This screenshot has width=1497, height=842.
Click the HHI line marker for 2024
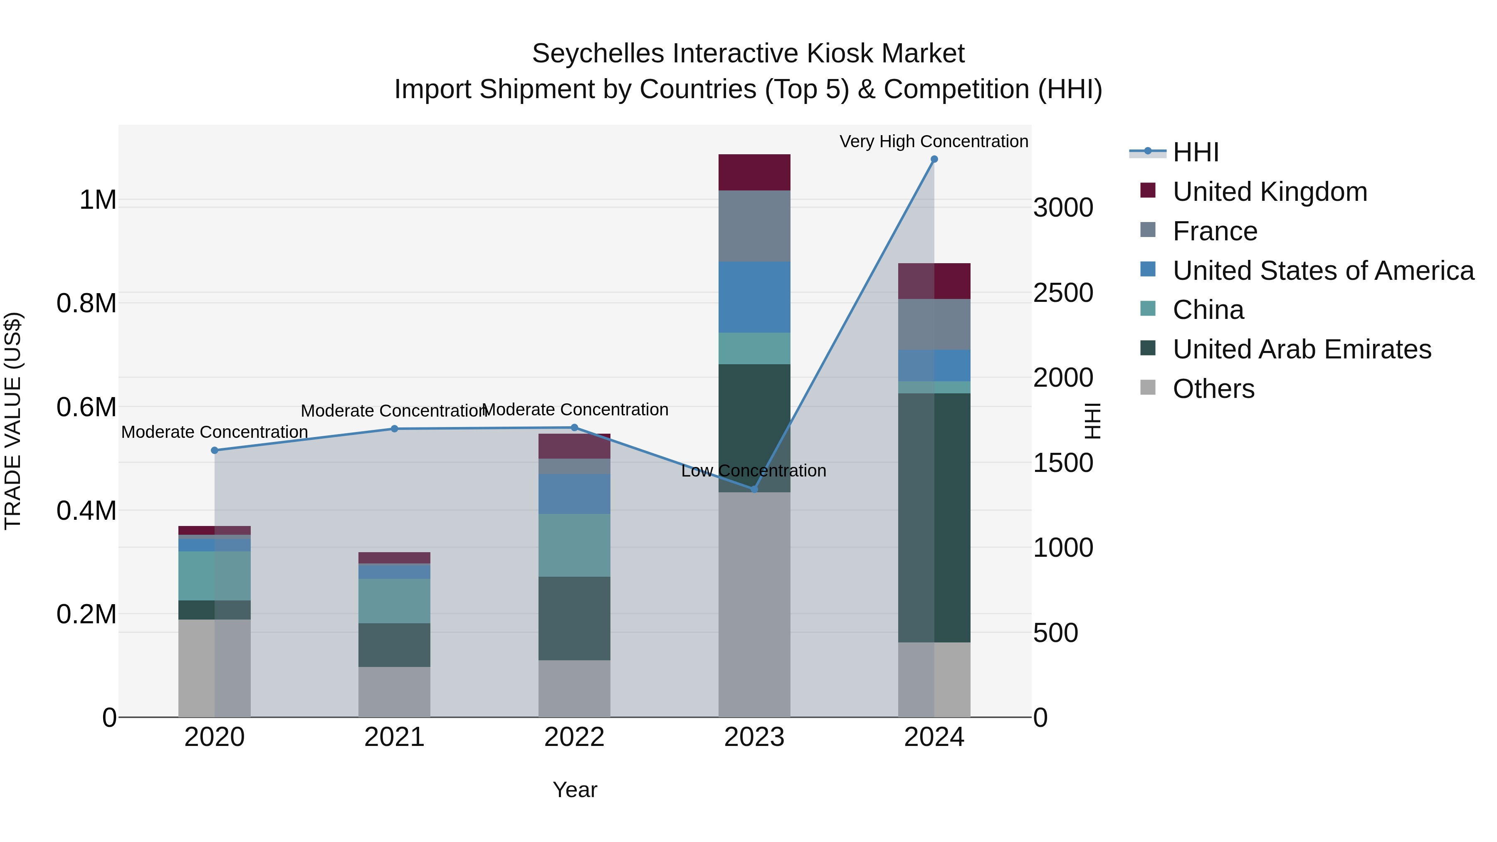[934, 159]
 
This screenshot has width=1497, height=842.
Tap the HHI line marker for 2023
[754, 489]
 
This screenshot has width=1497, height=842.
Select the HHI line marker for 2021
[394, 429]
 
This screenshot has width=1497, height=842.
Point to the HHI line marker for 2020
[215, 450]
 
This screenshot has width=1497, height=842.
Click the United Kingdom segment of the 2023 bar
[754, 173]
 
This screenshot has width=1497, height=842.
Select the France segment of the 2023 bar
[754, 226]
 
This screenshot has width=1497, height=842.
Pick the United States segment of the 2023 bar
[754, 297]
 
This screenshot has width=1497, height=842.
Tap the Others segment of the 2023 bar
[754, 604]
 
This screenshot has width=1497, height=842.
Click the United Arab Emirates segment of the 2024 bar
[934, 517]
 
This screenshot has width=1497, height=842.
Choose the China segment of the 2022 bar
[574, 545]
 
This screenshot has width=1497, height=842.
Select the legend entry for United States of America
[1323, 271]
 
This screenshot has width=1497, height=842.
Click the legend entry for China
[1208, 310]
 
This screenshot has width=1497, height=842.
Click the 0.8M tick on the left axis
[86, 304]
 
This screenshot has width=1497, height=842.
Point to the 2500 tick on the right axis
[1063, 293]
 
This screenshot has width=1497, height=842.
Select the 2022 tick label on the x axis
[574, 737]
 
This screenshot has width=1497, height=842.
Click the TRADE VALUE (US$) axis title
[13, 421]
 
